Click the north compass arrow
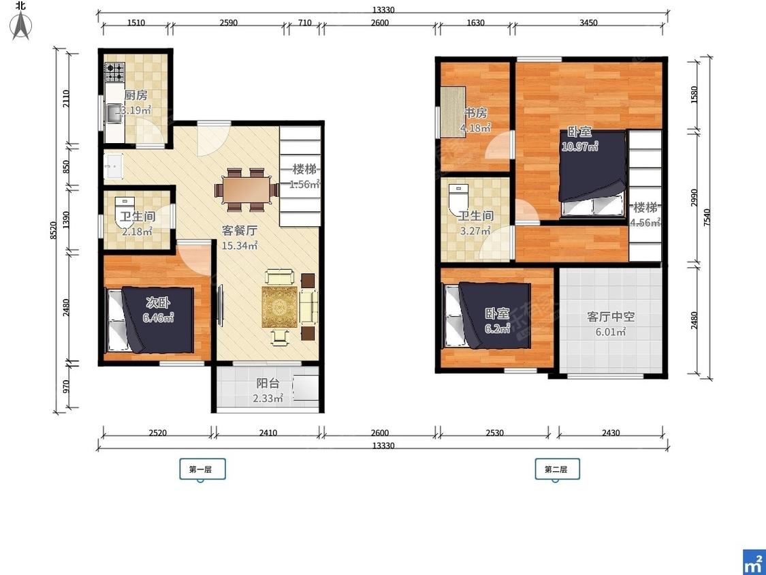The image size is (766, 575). pyautogui.click(x=21, y=25)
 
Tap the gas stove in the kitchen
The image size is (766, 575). pyautogui.click(x=115, y=72)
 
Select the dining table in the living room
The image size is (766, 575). pyautogui.click(x=246, y=189)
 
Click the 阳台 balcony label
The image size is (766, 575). pyautogui.click(x=268, y=384)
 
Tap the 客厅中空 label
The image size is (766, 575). pyautogui.click(x=611, y=316)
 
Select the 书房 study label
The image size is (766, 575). pyautogui.click(x=475, y=113)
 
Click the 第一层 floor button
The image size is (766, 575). pyautogui.click(x=202, y=469)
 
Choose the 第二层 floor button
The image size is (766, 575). pyautogui.click(x=558, y=469)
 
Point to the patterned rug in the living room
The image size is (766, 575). pyautogui.click(x=279, y=307)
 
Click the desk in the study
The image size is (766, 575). pyautogui.click(x=452, y=112)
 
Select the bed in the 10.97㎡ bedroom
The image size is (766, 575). pyautogui.click(x=592, y=173)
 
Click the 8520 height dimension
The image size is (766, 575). pyautogui.click(x=54, y=230)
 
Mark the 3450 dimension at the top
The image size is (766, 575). pyautogui.click(x=588, y=22)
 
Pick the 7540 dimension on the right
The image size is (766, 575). pyautogui.click(x=706, y=217)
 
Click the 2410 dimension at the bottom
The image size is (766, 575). pyautogui.click(x=268, y=433)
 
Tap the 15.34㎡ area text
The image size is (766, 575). pyautogui.click(x=240, y=245)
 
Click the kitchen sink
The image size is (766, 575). pyautogui.click(x=114, y=114)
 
